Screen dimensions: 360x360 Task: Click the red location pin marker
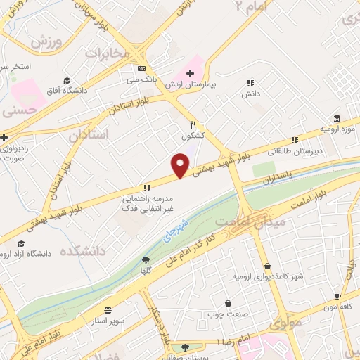[181, 165]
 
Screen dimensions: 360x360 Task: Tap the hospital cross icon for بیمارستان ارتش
[190, 73]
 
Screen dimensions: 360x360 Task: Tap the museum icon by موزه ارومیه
[337, 117]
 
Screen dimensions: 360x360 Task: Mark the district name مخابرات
[108, 53]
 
